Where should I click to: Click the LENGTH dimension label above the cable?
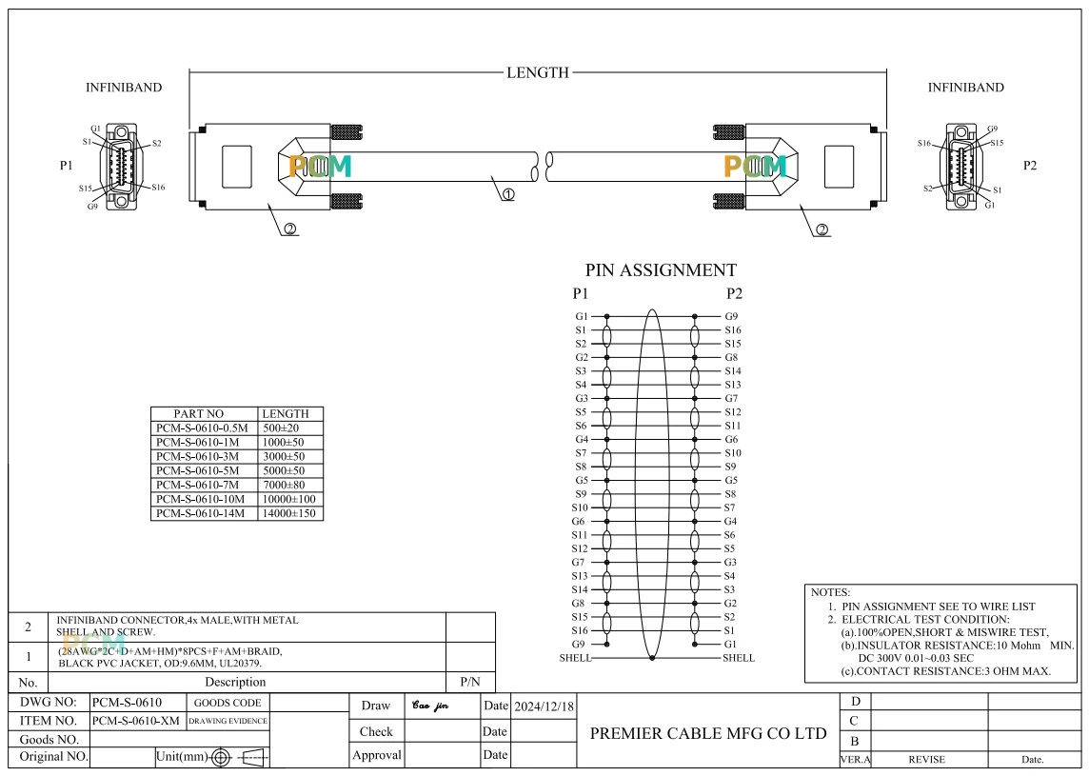point(538,72)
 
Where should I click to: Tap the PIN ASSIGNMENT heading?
point(661,270)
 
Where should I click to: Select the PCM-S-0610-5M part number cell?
point(197,470)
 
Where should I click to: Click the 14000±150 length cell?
point(289,513)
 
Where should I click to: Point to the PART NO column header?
point(199,413)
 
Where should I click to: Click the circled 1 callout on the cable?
point(508,194)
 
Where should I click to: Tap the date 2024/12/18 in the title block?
point(544,706)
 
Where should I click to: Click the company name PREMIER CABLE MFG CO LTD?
point(708,733)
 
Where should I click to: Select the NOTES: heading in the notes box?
point(830,592)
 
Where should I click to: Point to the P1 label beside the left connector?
point(66,166)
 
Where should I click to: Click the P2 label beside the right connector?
point(1030,166)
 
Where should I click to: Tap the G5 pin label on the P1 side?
point(582,480)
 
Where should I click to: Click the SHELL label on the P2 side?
point(739,658)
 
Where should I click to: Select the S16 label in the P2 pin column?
point(733,330)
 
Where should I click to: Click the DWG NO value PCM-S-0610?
point(128,703)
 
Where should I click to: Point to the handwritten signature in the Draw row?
point(430,706)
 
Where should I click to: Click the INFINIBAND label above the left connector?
point(124,88)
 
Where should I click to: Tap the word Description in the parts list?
point(235,682)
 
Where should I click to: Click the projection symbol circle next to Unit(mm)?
point(221,757)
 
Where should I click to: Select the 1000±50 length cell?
point(284,442)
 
